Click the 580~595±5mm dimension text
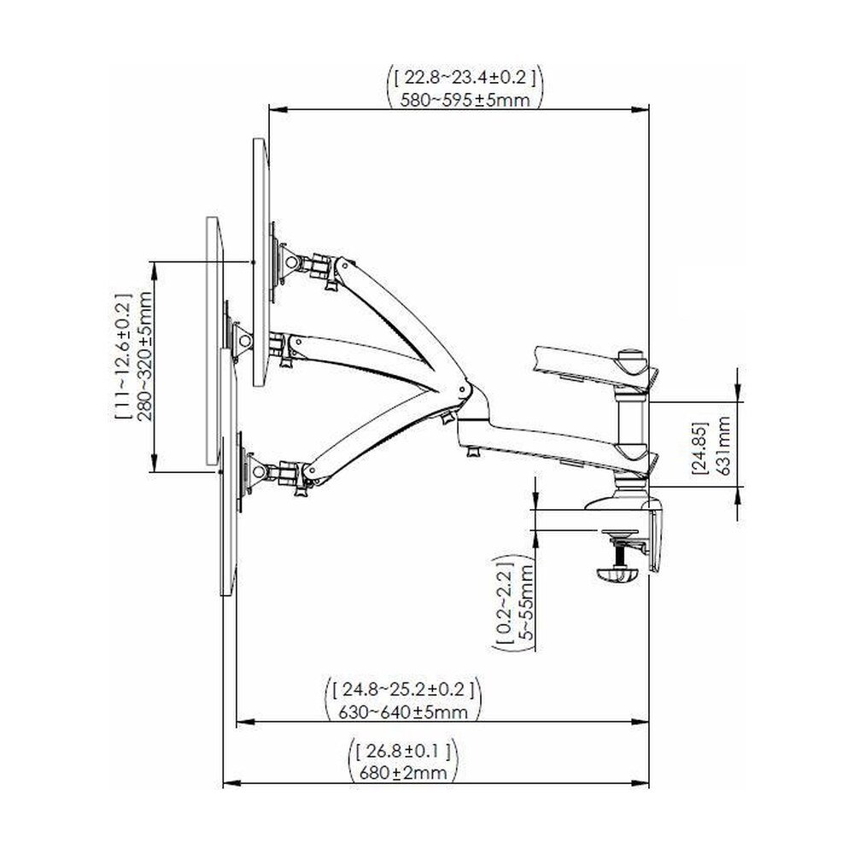[465, 100]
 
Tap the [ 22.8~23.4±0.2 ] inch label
[465, 78]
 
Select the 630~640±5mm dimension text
[403, 712]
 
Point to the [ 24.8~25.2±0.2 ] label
[403, 689]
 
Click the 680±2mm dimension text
[404, 772]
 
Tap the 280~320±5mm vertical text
[145, 357]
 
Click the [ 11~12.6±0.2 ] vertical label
[123, 357]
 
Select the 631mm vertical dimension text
[724, 445]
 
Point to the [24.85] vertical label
[700, 447]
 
